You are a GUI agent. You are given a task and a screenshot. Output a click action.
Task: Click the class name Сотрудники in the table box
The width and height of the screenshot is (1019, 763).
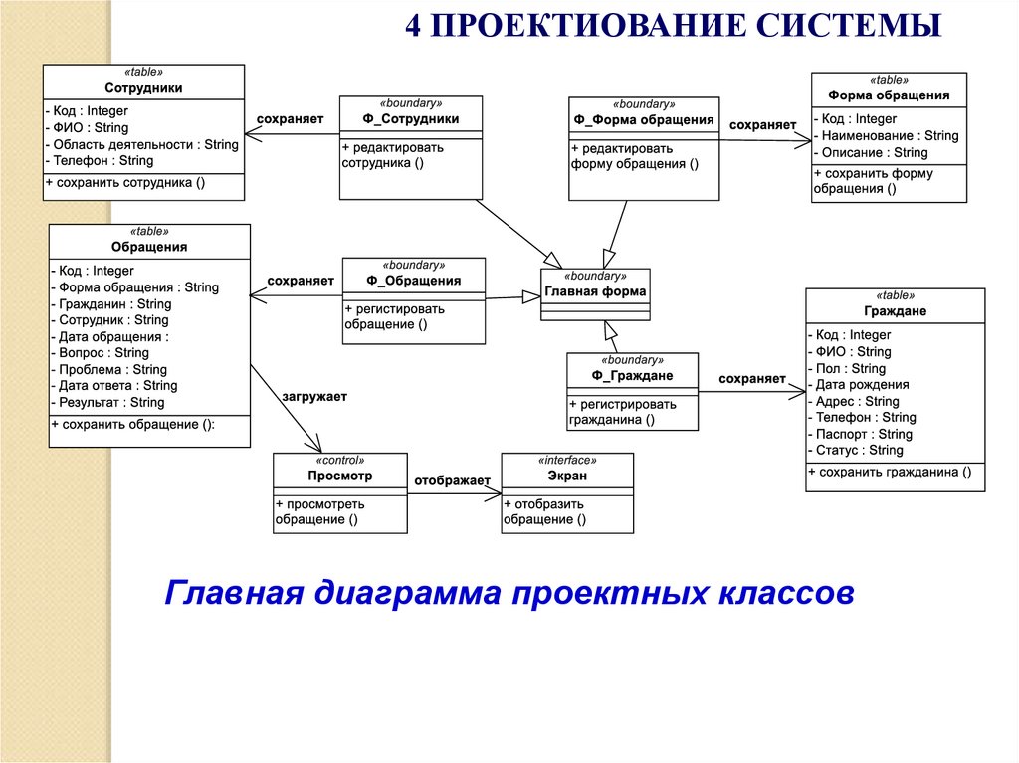point(143,88)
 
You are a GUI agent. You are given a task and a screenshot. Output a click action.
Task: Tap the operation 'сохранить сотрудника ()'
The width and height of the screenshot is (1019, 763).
point(126,182)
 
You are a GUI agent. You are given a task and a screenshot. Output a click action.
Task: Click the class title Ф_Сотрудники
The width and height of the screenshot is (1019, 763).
point(411,119)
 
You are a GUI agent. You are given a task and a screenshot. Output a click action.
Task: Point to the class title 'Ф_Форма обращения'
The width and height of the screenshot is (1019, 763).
point(644,120)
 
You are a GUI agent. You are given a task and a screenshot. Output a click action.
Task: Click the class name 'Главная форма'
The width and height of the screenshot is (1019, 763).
point(595,292)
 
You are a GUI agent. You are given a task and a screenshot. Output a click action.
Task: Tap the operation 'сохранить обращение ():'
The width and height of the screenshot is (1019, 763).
point(134,425)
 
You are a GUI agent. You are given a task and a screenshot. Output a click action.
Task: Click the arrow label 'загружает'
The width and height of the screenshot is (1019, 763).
point(314,397)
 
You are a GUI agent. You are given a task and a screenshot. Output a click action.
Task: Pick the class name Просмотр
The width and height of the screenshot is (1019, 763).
point(340,477)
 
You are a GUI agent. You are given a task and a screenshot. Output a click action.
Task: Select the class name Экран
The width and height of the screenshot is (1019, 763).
point(567,477)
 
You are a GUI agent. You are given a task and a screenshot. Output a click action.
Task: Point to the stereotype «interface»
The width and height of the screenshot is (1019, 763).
point(567,461)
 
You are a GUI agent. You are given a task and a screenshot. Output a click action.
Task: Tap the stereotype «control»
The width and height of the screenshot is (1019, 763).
point(340,461)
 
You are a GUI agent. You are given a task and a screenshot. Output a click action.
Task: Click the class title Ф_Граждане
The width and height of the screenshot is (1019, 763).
point(632,376)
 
